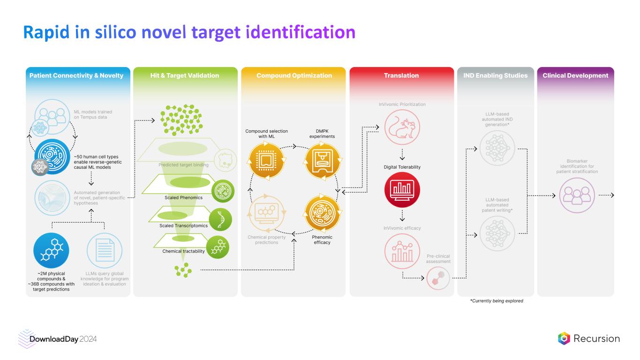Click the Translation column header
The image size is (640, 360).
[x=401, y=75]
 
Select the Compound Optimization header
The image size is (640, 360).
[x=294, y=75]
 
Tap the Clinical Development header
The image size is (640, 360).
[x=575, y=75]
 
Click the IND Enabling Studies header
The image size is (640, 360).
[x=495, y=75]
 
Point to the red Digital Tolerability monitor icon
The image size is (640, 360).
[x=402, y=190]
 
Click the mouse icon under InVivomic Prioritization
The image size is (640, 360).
[x=402, y=127]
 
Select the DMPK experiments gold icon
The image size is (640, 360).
[x=322, y=161]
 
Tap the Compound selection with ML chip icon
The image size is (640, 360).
[x=266, y=161]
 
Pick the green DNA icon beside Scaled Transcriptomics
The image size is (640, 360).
[x=220, y=219]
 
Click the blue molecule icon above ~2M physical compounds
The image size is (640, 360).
[x=51, y=249]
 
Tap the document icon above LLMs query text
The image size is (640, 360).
[x=104, y=249]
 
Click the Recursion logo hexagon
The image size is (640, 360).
[x=564, y=338]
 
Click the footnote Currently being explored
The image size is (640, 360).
[x=497, y=301]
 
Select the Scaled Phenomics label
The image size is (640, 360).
[x=183, y=197]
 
